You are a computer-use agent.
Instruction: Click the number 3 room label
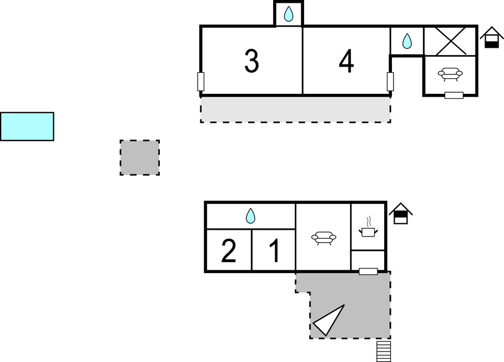(251, 61)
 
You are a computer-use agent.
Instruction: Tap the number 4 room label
(346, 61)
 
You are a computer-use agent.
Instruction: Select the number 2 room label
(229, 251)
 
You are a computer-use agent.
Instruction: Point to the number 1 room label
(275, 251)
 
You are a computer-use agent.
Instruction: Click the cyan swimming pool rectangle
(27, 127)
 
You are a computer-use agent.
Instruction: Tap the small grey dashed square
(140, 158)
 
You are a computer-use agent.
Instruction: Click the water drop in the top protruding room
(289, 14)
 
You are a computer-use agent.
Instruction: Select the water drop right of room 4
(407, 41)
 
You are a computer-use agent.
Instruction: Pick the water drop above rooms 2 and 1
(250, 216)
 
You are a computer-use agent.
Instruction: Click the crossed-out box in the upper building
(450, 41)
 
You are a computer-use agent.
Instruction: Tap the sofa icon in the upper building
(450, 74)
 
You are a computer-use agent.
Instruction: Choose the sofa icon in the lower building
(324, 238)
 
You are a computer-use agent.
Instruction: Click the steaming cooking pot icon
(368, 227)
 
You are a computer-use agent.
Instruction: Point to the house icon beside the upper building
(491, 38)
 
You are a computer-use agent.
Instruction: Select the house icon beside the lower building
(401, 213)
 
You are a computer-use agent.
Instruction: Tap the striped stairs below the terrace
(384, 351)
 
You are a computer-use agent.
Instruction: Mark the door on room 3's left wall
(200, 82)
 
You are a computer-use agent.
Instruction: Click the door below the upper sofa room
(454, 95)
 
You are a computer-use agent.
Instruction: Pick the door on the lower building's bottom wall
(368, 271)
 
